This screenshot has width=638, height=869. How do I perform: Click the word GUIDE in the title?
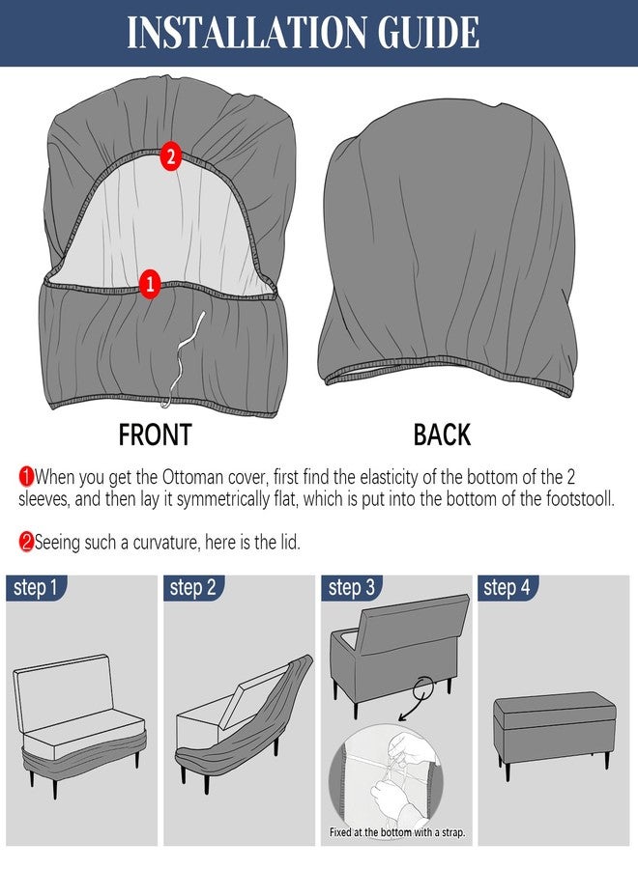click(428, 32)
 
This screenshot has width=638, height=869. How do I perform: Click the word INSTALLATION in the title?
click(246, 32)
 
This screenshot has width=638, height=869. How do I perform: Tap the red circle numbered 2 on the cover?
click(171, 156)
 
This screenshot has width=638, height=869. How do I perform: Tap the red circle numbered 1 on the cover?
click(149, 285)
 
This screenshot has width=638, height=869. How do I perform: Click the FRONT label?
click(155, 434)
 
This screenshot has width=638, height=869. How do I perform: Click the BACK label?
click(442, 434)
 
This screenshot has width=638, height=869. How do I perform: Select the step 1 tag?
click(36, 587)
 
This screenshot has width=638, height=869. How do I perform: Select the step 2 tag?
click(193, 587)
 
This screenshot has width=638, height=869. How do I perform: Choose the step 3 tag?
click(351, 587)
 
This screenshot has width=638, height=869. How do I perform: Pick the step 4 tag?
click(507, 587)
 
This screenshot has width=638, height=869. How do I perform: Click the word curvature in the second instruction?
click(165, 542)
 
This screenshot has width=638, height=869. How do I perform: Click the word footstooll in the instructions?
click(580, 499)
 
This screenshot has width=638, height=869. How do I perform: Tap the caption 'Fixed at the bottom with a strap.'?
click(397, 832)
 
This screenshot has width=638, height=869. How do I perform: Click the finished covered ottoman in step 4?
click(554, 733)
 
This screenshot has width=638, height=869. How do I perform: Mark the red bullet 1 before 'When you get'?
click(26, 476)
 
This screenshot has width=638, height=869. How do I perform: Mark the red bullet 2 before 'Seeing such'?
click(26, 542)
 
